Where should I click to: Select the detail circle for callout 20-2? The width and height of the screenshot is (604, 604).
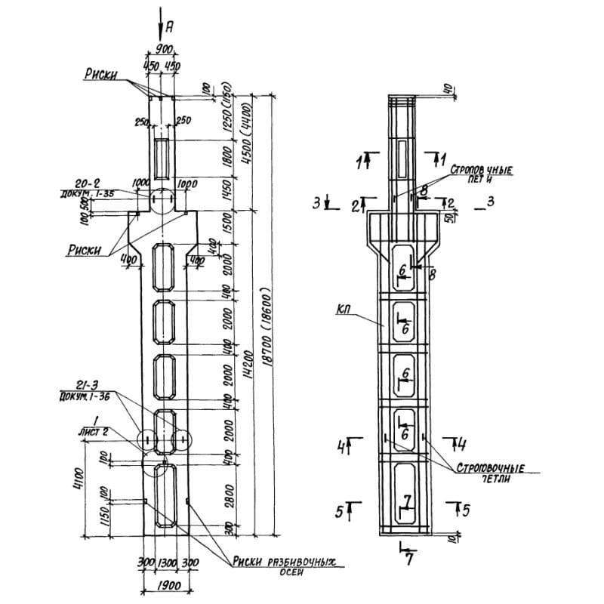coord(162,200)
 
